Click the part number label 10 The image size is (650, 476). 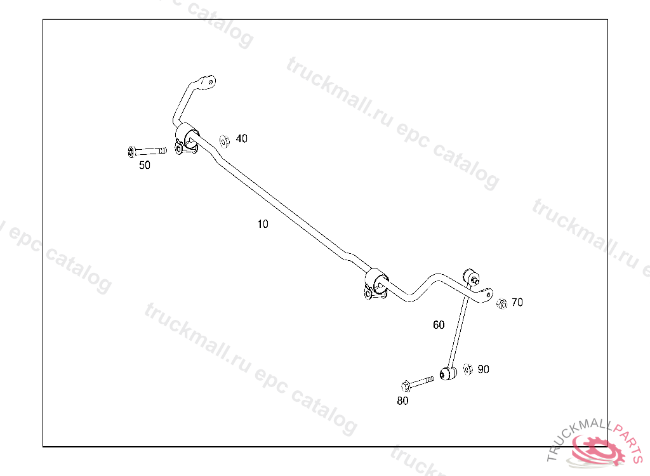pos(263,224)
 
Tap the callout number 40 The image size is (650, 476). pos(242,138)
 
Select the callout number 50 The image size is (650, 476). pos(145,165)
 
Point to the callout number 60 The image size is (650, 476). pos(439,325)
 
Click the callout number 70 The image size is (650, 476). pos(517,303)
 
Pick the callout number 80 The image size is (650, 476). pos(402,400)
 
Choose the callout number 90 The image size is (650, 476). pos(484,369)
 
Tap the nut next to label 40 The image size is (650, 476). pos(224,140)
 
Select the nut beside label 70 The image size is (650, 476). pos(501,303)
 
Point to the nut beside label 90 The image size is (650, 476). pos(468,369)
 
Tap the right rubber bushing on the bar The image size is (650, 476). pos(377,281)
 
